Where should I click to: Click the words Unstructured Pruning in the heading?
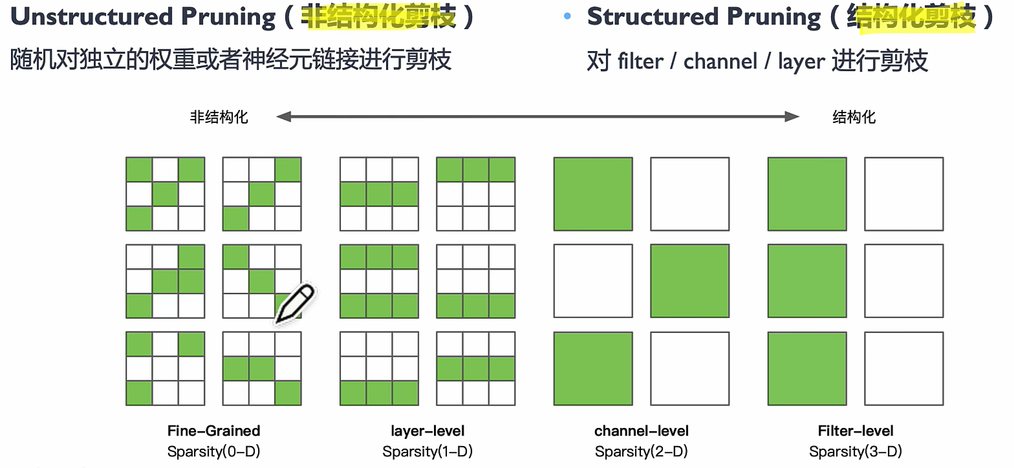143,17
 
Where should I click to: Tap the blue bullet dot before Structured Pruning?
567,17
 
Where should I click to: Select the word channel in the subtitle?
720,61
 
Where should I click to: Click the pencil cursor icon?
295,303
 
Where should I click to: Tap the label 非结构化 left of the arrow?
219,117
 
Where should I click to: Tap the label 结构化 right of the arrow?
854,117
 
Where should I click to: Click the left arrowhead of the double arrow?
282,116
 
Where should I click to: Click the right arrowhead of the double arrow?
793,116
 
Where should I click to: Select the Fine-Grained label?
213,431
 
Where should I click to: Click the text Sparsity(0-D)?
213,451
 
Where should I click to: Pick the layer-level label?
427,431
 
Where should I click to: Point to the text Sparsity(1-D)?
427,451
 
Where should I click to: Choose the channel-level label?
642,431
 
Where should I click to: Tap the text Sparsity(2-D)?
642,451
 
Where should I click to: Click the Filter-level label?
856,431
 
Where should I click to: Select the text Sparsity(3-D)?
856,451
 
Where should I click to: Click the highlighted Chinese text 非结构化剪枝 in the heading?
380,17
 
